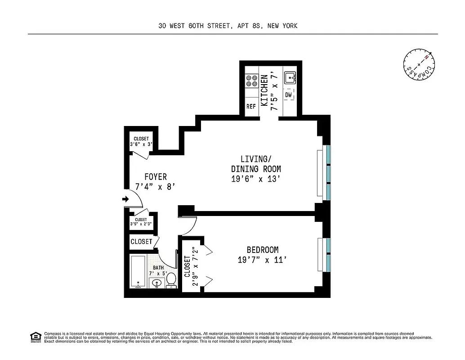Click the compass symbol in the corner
[x=419, y=65]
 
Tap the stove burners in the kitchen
[x=251, y=81]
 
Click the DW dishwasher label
[x=289, y=95]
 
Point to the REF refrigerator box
[x=251, y=107]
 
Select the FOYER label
[x=156, y=176]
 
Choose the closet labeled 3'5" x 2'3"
[x=141, y=221]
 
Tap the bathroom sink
[x=156, y=283]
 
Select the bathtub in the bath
[x=138, y=272]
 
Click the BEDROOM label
[x=262, y=250]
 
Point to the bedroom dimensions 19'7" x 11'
[x=262, y=260]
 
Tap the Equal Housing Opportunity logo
[x=35, y=337]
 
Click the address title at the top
[x=228, y=26]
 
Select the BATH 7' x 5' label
[x=158, y=270]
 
